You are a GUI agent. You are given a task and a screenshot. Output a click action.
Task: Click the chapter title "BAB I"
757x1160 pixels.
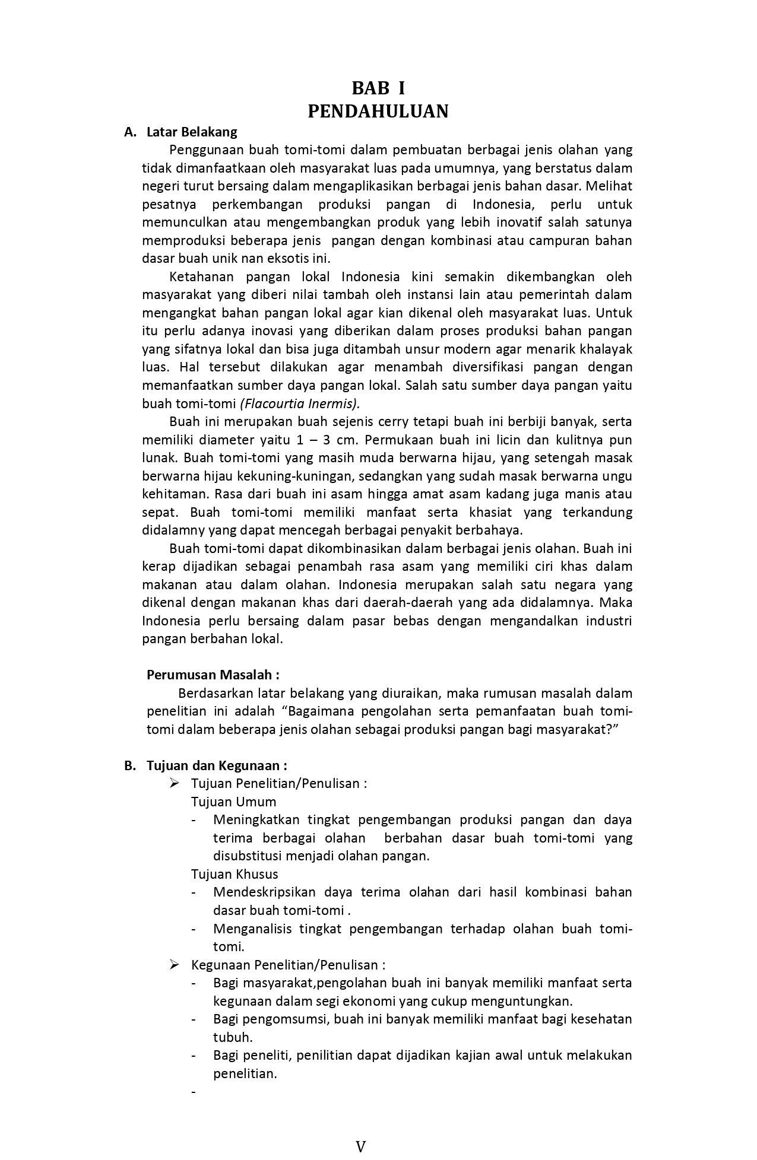[x=378, y=88]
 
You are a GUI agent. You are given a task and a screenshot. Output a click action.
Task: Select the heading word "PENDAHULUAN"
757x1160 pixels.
[x=378, y=111]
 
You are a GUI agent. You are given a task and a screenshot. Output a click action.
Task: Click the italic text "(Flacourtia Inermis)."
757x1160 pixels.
[x=300, y=403]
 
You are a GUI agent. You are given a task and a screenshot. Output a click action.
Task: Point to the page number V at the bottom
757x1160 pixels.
[x=360, y=1146]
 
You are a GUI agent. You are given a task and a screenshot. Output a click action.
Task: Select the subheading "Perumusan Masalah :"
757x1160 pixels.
[x=213, y=675]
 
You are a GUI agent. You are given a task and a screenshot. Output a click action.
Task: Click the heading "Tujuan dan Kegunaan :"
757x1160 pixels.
[x=217, y=765]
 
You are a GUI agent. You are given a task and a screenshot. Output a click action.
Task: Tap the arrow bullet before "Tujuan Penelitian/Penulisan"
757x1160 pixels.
[x=174, y=783]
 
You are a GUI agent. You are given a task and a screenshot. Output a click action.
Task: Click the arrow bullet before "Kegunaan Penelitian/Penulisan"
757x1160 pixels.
[x=174, y=965]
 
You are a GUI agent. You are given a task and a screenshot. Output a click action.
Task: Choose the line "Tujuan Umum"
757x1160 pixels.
[x=233, y=802]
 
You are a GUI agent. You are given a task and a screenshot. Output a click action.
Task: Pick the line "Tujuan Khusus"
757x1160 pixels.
[x=235, y=874]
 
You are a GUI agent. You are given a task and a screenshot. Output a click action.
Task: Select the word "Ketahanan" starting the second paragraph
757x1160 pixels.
[x=201, y=277]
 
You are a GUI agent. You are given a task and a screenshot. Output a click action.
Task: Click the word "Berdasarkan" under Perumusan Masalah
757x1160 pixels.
[x=216, y=693]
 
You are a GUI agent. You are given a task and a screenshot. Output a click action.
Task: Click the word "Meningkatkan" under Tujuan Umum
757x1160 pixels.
[x=256, y=820]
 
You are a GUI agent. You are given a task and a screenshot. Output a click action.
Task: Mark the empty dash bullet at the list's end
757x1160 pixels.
[x=194, y=1092]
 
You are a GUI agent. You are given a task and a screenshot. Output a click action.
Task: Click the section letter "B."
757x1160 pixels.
[x=130, y=765]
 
